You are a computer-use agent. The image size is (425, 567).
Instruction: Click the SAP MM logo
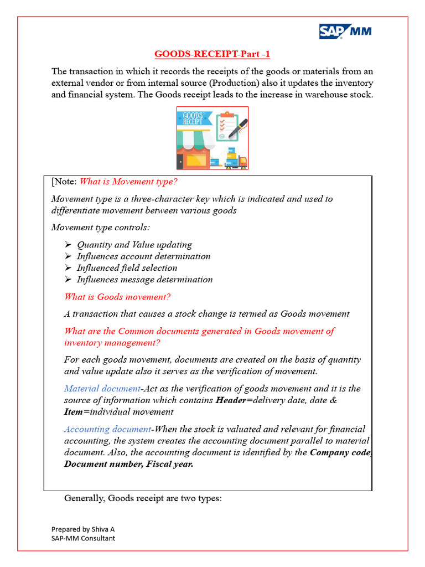[345, 32]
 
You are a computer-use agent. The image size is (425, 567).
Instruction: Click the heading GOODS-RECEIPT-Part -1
[212, 54]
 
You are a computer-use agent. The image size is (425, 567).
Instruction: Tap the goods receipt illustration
[212, 138]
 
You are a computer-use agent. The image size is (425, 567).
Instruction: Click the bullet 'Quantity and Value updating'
[134, 245]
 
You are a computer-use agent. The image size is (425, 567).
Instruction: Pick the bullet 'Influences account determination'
[143, 256]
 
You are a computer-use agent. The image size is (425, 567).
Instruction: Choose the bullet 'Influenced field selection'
[127, 268]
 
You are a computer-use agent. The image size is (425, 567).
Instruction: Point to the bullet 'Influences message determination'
[144, 280]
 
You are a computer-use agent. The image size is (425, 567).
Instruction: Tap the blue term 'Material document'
[102, 389]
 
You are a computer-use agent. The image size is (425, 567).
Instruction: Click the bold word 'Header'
[230, 400]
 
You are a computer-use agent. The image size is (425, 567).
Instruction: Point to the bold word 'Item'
[74, 412]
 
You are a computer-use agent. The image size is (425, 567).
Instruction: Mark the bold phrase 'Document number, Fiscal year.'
[129, 464]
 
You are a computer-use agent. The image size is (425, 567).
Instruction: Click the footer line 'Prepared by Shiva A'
[83, 529]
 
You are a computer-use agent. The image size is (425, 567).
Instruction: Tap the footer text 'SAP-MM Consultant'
[84, 538]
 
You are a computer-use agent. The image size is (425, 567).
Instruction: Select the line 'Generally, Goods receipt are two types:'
[143, 498]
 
